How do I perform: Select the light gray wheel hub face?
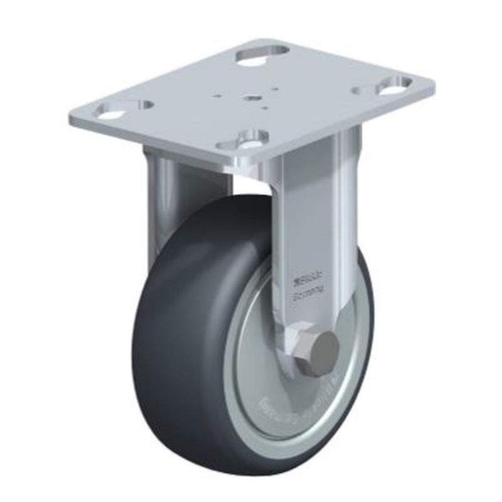click(257, 351)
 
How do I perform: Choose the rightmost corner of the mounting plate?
click(433, 85)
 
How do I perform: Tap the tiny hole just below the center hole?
click(264, 108)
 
